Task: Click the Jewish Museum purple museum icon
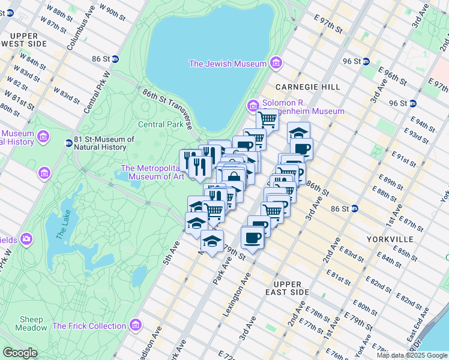click(x=276, y=63)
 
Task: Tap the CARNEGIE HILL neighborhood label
click(x=307, y=87)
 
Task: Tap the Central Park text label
click(x=160, y=125)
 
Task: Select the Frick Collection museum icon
click(x=136, y=325)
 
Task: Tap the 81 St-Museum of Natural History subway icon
click(x=68, y=143)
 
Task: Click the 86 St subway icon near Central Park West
click(x=115, y=59)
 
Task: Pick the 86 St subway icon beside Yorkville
click(x=355, y=209)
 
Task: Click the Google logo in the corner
click(x=19, y=353)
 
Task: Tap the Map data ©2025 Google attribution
click(x=411, y=355)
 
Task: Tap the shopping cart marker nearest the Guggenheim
click(x=267, y=119)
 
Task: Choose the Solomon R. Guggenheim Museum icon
click(x=253, y=106)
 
